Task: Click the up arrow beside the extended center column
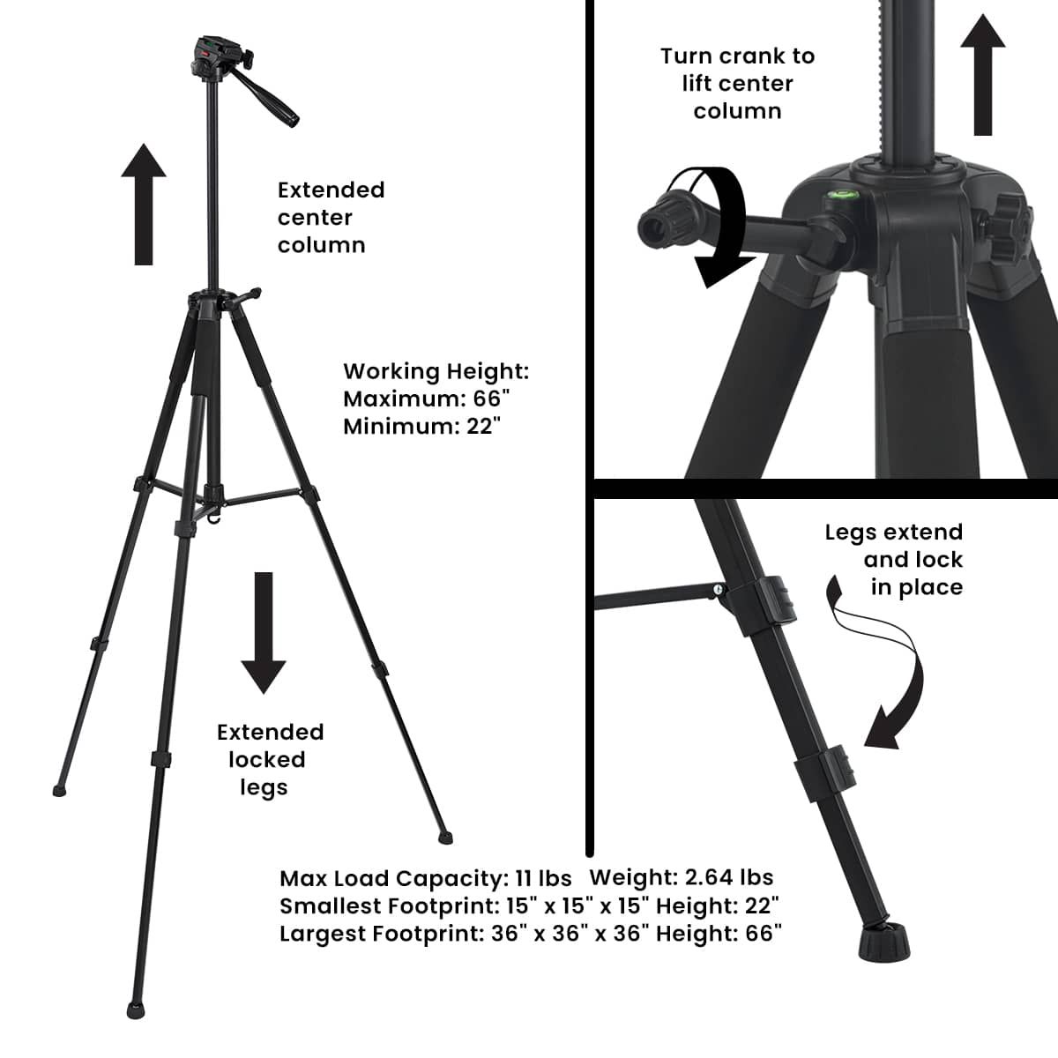(144, 205)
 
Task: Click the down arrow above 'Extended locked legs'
(264, 632)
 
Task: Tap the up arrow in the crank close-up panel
(983, 75)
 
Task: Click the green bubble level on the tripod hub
(838, 194)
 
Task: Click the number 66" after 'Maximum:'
(491, 399)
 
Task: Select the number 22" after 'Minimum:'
(484, 427)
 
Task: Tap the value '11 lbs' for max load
(544, 878)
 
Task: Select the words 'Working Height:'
(436, 372)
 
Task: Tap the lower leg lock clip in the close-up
(824, 774)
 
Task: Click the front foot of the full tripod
(136, 1010)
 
